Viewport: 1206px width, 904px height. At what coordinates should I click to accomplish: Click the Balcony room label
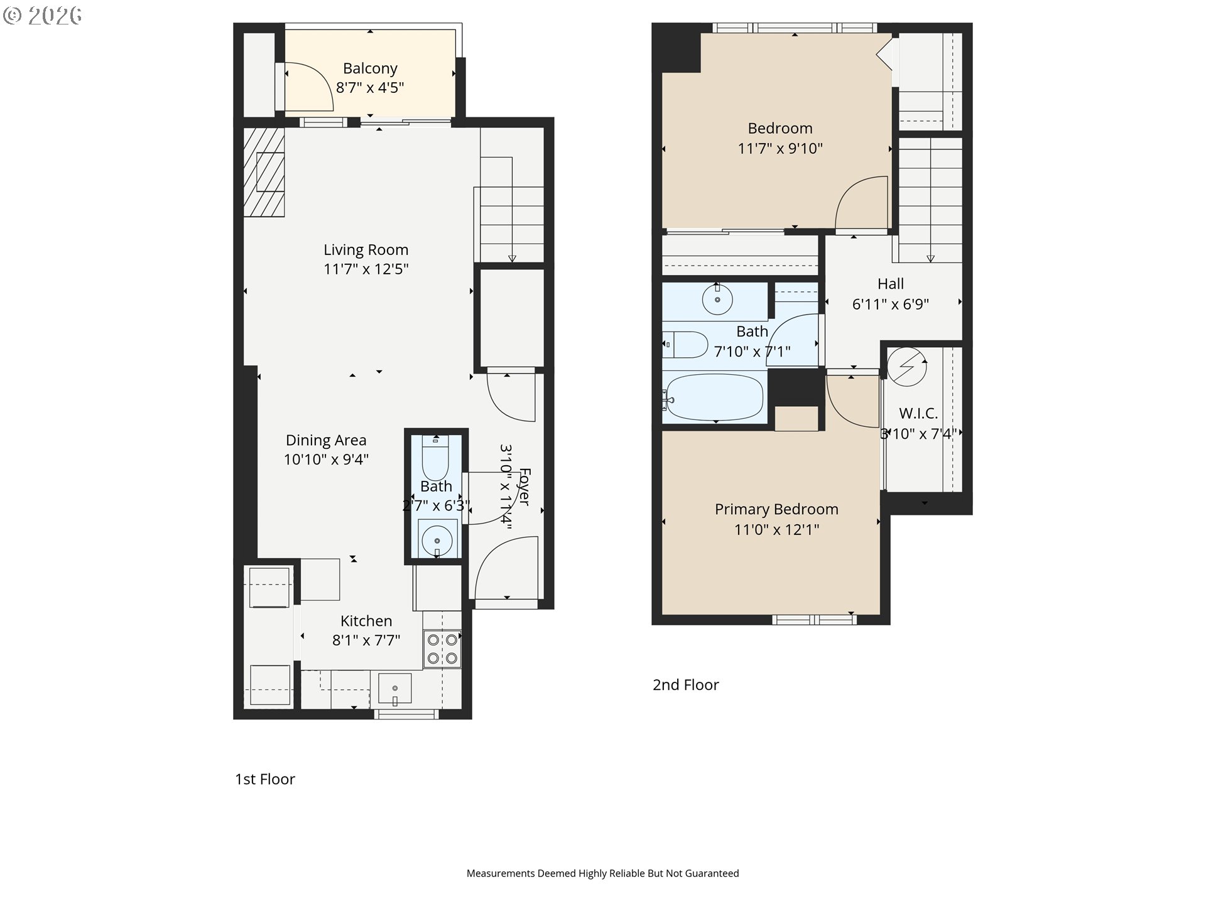[x=370, y=68]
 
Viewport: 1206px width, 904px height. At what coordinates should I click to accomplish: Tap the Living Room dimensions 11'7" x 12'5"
[x=366, y=269]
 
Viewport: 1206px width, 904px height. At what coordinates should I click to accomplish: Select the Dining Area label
[x=326, y=441]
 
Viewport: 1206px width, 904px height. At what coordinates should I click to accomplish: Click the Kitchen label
[x=366, y=621]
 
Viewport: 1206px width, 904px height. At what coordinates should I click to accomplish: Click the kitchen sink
[x=394, y=689]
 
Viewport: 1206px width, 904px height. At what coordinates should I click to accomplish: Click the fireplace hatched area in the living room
[x=264, y=172]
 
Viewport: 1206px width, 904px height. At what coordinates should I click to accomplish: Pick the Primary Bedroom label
[x=776, y=509]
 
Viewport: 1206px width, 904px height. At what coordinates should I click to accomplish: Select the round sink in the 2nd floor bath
[x=717, y=299]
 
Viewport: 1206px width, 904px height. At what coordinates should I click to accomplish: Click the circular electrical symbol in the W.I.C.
[x=907, y=367]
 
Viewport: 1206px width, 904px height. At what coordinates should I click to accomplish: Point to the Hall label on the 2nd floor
[x=891, y=284]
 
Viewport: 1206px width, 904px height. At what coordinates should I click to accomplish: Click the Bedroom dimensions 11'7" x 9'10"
[x=780, y=149]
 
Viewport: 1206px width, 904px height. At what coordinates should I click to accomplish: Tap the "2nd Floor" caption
[x=686, y=685]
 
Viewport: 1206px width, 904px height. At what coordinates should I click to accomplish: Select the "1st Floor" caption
[x=265, y=779]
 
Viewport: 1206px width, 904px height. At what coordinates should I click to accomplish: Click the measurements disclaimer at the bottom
[x=603, y=873]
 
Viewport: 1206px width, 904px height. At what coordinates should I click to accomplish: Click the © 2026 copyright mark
[x=42, y=16]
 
